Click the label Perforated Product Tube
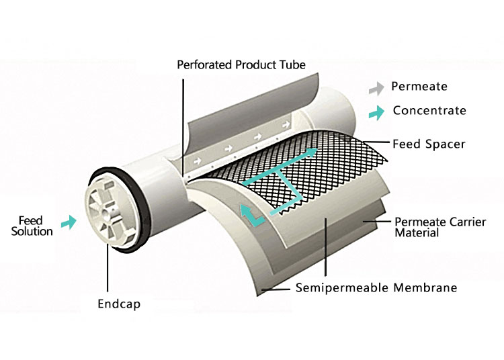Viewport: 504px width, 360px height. (241, 65)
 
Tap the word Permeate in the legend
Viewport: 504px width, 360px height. (419, 87)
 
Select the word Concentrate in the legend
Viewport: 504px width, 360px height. (429, 110)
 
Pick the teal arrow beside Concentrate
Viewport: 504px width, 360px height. (379, 111)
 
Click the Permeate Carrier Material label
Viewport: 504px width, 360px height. (430, 227)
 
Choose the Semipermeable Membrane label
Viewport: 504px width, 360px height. (376, 288)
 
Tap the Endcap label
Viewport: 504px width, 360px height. (119, 303)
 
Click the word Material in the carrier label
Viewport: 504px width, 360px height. (417, 233)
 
